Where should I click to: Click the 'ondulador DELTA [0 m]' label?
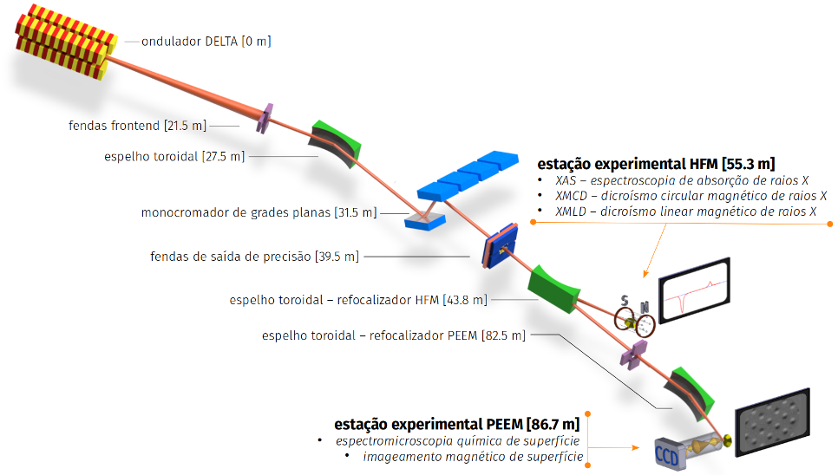tap(206, 42)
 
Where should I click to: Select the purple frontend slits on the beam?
tap(265, 118)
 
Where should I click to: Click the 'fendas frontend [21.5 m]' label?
tap(137, 126)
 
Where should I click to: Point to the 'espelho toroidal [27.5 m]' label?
tap(174, 156)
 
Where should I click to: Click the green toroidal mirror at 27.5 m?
tap(335, 143)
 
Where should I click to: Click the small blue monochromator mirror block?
tap(425, 221)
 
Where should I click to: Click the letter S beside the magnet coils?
tap(625, 301)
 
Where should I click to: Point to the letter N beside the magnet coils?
tap(645, 307)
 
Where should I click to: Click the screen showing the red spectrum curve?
tap(694, 290)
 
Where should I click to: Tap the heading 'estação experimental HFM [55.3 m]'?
tap(657, 163)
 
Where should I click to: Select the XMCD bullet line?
tap(691, 196)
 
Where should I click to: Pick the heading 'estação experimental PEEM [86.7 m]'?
tap(457, 425)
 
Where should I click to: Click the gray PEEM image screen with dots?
tap(773, 422)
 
